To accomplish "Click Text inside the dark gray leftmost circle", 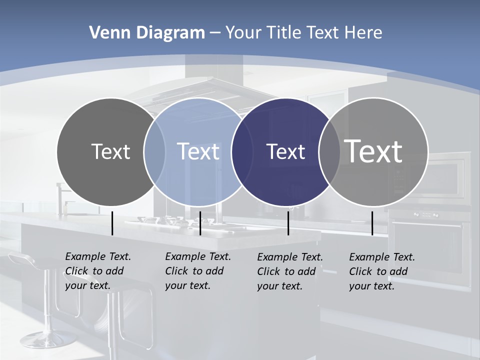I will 110,151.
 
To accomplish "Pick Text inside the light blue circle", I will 198,151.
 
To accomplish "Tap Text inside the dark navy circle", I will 285,151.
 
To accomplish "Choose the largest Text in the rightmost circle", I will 373,151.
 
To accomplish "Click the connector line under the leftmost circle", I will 112,223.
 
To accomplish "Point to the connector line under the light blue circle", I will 200,223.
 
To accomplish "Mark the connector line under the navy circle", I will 288,223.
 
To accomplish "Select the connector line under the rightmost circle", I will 372,223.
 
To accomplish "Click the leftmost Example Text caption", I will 98,271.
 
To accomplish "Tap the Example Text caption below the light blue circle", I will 198,271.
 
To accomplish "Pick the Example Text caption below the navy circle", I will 290,271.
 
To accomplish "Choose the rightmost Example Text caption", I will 382,271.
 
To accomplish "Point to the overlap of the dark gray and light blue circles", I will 155,151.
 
